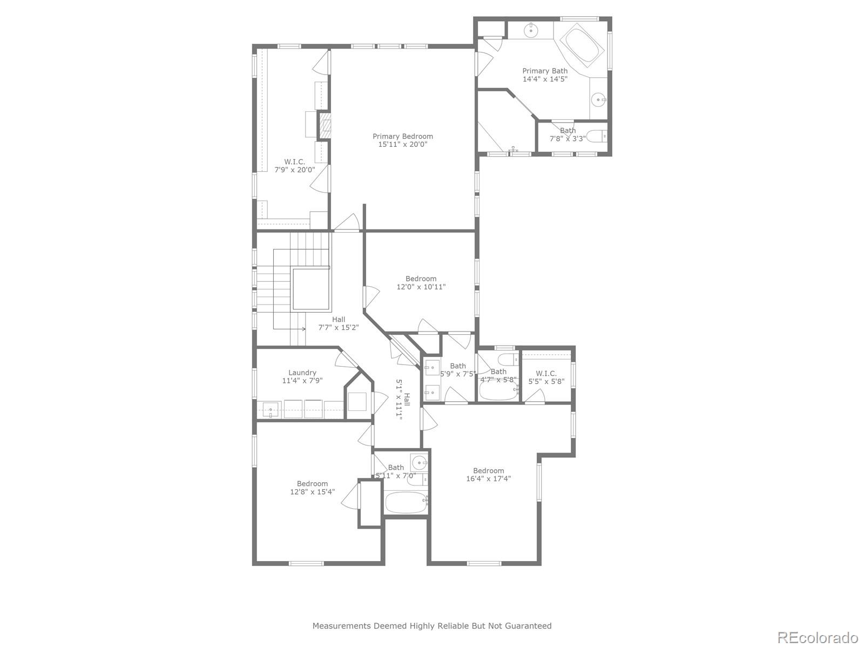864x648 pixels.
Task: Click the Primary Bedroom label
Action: (403, 137)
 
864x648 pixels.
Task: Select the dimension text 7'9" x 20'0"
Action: (294, 170)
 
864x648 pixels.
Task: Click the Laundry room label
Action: (302, 373)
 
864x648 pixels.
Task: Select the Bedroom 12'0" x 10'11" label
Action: (421, 279)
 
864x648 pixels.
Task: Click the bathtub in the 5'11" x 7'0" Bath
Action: (405, 504)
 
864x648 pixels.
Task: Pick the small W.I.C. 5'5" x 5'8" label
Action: (546, 373)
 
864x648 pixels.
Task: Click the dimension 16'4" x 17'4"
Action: (488, 478)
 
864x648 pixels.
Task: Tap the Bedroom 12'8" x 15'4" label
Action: (312, 484)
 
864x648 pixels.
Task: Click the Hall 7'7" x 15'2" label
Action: (339, 319)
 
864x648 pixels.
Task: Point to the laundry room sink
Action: (271, 410)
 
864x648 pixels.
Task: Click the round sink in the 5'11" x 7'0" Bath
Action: (420, 463)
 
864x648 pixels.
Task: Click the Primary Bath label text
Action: (545, 71)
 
